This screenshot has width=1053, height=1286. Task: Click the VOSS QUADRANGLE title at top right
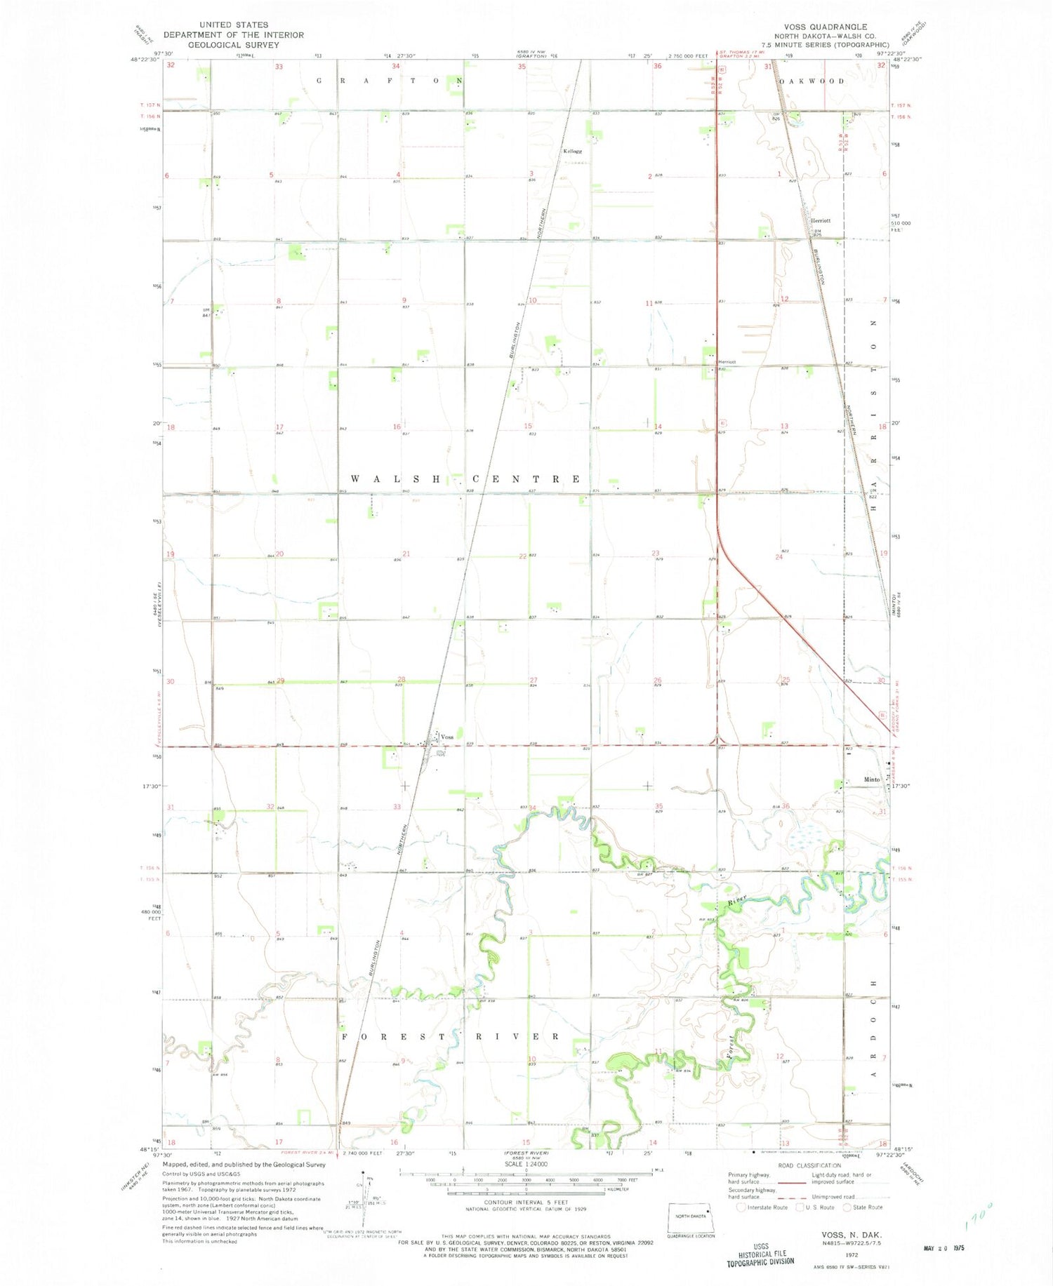point(819,27)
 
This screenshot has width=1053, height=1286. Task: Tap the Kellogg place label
point(572,151)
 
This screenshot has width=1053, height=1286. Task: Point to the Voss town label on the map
point(447,737)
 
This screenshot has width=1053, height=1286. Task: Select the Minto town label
point(872,779)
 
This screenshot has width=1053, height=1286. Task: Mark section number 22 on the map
point(522,556)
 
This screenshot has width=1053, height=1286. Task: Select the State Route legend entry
point(863,1207)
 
